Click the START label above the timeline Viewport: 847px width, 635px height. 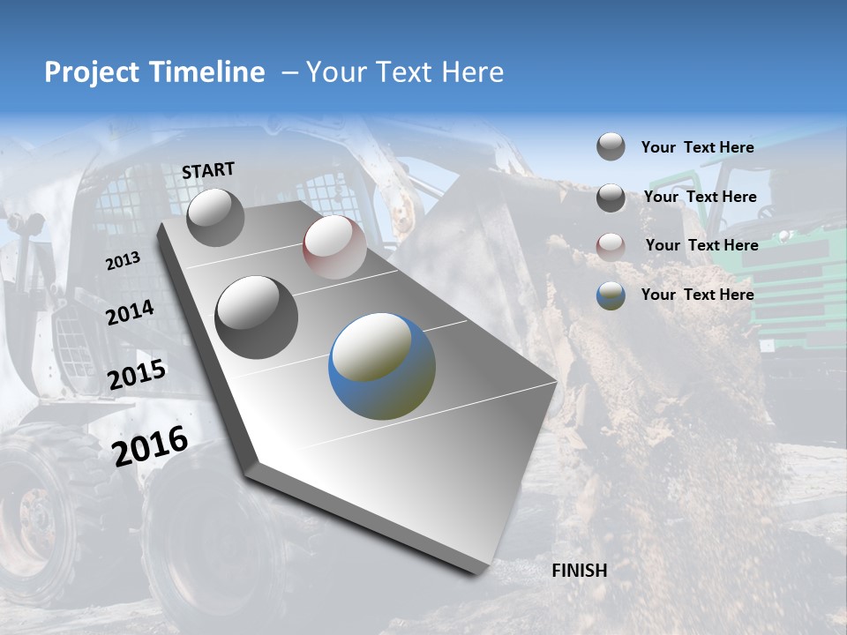208,170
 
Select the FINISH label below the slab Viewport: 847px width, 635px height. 580,571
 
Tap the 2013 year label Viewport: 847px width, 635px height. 124,260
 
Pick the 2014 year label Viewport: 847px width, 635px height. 130,312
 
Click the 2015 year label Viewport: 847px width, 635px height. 137,375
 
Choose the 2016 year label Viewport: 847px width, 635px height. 150,446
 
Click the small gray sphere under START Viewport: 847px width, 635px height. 215,218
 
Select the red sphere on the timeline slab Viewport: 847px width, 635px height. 334,247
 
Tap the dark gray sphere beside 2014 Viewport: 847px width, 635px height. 257,317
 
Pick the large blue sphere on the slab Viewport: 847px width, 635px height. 382,366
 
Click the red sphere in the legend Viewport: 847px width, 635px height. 611,247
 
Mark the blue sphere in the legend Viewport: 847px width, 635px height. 611,295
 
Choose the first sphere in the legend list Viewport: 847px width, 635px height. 611,147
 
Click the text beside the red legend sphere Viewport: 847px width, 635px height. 701,245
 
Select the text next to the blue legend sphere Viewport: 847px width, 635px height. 697,295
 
